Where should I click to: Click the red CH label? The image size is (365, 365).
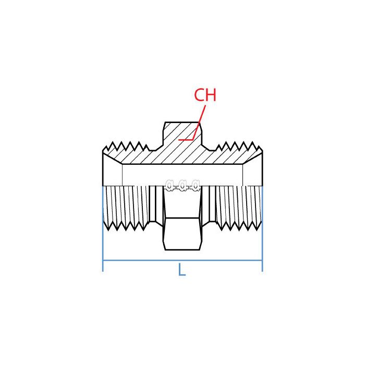(205, 95)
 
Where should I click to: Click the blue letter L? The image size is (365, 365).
(181, 270)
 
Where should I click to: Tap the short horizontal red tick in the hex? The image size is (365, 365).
(186, 140)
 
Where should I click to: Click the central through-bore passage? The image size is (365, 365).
(182, 175)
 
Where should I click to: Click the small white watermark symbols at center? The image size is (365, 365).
(182, 185)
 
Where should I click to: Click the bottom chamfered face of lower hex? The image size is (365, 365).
(182, 245)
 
